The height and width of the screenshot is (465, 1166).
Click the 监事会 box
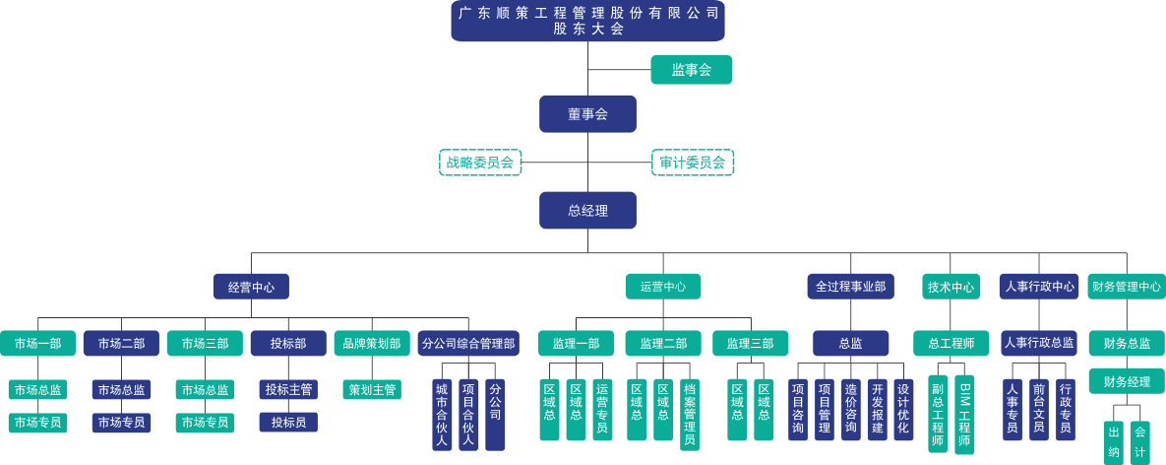(691, 69)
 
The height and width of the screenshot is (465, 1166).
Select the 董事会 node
(587, 114)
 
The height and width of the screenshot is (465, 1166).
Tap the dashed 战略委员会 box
(479, 163)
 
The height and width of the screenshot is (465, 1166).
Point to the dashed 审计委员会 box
(693, 163)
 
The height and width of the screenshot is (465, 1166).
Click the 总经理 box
(587, 211)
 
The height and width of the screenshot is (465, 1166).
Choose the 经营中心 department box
(251, 287)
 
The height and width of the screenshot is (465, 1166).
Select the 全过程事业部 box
(850, 287)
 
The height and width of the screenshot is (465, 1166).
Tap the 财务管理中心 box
(1126, 287)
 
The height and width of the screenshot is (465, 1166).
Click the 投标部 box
(288, 343)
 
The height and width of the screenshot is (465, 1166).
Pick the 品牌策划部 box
(371, 343)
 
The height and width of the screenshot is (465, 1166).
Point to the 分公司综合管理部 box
(468, 343)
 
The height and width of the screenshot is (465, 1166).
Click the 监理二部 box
(663, 343)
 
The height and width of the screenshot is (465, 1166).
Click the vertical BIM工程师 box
(964, 413)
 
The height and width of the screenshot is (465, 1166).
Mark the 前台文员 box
(1039, 408)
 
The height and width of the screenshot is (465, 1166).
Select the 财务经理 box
(1126, 381)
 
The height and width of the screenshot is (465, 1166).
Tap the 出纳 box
(1114, 441)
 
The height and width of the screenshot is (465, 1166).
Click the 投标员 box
(288, 422)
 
